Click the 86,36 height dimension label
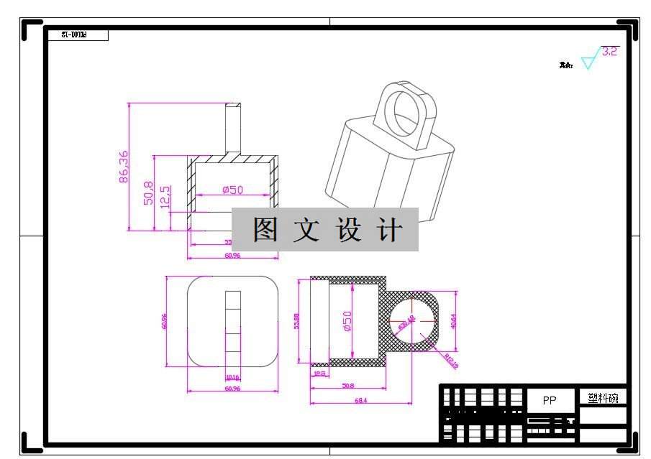pyautogui.click(x=124, y=167)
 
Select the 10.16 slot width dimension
pyautogui.click(x=232, y=377)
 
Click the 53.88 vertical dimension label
pyautogui.click(x=296, y=321)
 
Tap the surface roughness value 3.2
pyautogui.click(x=609, y=51)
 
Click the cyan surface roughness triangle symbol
pyautogui.click(x=590, y=60)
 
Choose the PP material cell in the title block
pyautogui.click(x=550, y=401)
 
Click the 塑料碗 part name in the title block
pyautogui.click(x=603, y=398)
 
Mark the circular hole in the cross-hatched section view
pyautogui.click(x=413, y=320)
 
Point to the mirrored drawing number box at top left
pyautogui.click(x=76, y=34)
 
